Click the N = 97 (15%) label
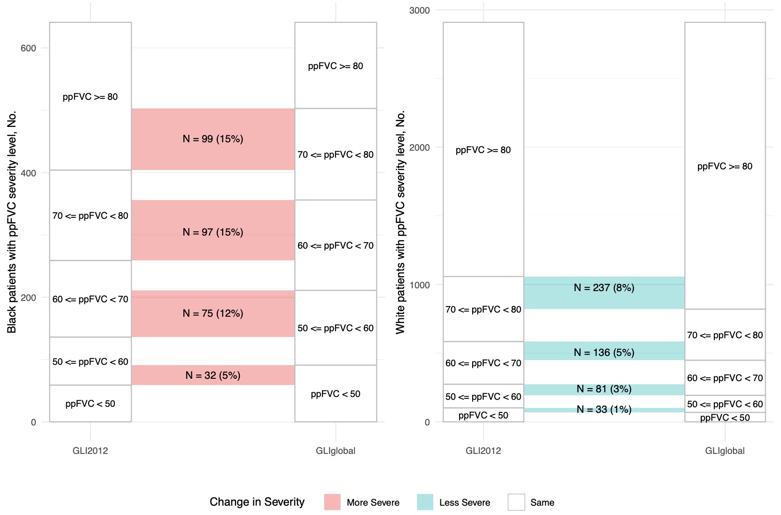(213, 232)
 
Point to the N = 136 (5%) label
(604, 353)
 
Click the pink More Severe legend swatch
(332, 502)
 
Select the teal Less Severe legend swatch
(425, 502)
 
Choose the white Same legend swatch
(516, 502)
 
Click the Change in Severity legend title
(257, 502)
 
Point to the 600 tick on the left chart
(28, 49)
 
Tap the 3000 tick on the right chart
(419, 11)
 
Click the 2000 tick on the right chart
(419, 148)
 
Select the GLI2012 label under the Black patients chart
(90, 451)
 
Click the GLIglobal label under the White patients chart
(725, 451)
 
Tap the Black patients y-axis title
(12, 222)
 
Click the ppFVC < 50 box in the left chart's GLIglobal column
(335, 394)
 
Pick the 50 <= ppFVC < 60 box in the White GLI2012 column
(483, 397)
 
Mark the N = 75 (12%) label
(213, 313)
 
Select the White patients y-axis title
(401, 222)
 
